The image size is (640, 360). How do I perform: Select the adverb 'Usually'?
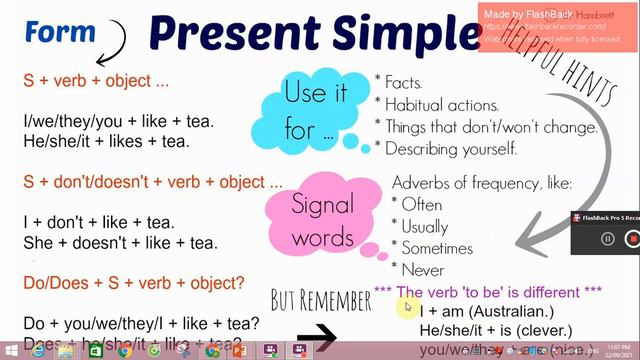(424, 226)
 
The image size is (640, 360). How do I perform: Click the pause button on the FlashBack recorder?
(607, 239)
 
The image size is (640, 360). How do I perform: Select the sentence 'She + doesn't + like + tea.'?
(120, 242)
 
